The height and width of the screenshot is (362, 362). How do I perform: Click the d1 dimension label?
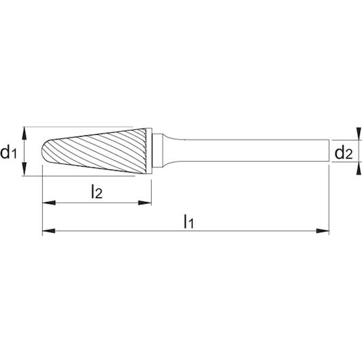9,152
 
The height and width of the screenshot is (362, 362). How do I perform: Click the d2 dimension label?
344,153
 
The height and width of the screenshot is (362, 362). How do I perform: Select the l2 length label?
97,192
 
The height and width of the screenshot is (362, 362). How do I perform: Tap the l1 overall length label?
188,221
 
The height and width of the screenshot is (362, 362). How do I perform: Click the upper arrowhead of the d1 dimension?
24,133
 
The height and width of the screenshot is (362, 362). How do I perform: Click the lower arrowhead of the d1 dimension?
24,169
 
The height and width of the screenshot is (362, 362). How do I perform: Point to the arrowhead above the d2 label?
359,133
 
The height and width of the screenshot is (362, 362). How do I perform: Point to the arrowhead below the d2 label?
359,169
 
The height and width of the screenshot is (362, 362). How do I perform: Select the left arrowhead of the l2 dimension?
49,203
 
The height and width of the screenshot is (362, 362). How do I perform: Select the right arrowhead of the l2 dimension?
145,203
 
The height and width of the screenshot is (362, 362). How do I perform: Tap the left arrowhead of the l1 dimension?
49,231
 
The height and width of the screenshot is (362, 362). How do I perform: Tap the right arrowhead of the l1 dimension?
323,231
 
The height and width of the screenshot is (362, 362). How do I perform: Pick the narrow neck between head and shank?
158,151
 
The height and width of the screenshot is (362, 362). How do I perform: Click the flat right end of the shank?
329,150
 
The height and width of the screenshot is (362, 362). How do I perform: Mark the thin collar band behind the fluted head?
149,151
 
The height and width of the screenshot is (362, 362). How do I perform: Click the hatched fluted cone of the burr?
97,151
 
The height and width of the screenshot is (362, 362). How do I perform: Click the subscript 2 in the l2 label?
99,194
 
